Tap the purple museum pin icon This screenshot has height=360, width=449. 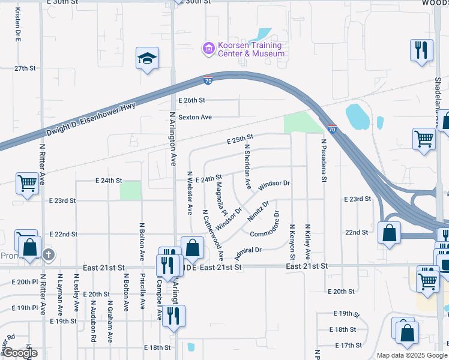click(208, 48)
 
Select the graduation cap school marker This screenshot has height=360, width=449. click(147, 58)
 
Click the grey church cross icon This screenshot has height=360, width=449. click(49, 255)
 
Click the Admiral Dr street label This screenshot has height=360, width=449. click(248, 253)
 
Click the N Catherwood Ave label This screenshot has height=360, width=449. click(213, 235)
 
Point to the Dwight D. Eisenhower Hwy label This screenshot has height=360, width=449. click(89, 118)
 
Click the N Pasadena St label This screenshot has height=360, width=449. click(323, 160)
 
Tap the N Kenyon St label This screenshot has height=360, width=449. click(292, 242)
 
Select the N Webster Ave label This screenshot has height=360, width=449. click(190, 193)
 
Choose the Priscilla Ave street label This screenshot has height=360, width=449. click(142, 292)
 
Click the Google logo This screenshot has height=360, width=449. click(20, 353)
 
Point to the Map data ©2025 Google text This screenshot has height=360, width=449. click(411, 355)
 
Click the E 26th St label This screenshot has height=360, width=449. click(192, 100)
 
